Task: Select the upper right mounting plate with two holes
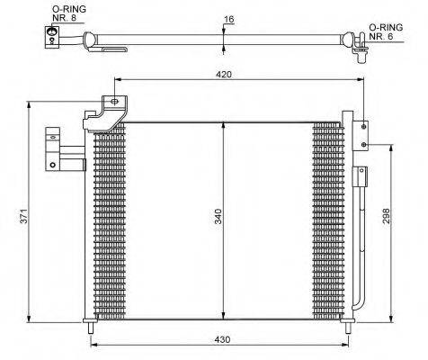361,134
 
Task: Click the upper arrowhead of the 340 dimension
221,123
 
